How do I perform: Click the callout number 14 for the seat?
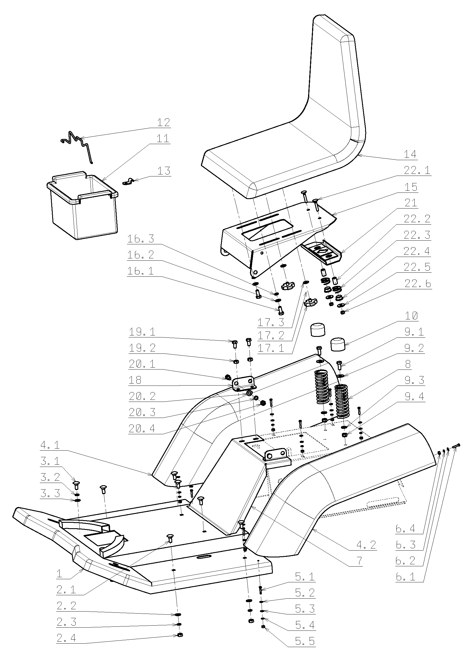click(410, 154)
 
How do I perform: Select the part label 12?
click(163, 122)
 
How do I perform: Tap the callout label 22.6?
click(417, 284)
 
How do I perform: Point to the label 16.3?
click(141, 239)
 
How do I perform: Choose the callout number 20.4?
click(142, 429)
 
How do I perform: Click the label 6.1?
click(406, 577)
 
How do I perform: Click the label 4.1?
click(50, 445)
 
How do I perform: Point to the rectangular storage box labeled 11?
click(83, 206)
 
